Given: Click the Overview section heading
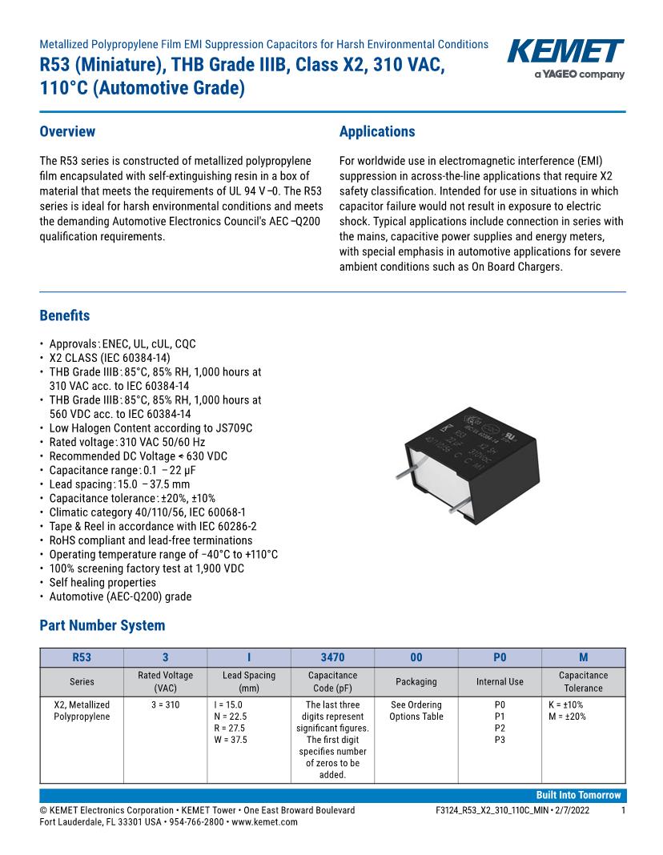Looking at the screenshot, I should (67, 132).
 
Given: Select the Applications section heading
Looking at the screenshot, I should (377, 132).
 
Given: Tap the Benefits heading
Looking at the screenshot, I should (65, 315).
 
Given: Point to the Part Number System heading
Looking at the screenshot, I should (102, 625).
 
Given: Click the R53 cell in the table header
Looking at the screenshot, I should (82, 657).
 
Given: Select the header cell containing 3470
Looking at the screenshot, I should (332, 657).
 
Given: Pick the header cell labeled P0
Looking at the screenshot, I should (500, 657).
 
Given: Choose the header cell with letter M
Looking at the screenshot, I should (583, 657).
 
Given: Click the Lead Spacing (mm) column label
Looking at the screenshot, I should (248, 681).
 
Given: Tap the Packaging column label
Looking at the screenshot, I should (416, 681).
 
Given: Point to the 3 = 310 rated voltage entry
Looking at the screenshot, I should (165, 704).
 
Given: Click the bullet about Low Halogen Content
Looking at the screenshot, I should (151, 428).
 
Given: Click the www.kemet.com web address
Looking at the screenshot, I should (265, 821).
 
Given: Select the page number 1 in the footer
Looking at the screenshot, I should (623, 810).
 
